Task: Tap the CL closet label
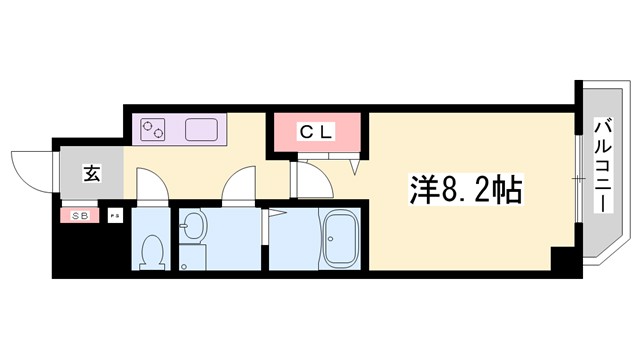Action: [318, 131]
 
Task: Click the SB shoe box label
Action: [80, 215]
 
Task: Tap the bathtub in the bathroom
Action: [339, 240]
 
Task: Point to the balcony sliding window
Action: [578, 180]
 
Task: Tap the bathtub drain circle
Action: [339, 261]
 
